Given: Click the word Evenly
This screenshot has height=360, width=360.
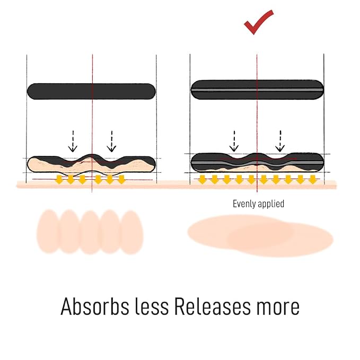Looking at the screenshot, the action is pos(244,204).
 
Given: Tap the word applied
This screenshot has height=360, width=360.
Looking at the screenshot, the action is pos(271,204).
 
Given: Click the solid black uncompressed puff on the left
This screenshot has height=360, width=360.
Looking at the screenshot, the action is pos(91,91).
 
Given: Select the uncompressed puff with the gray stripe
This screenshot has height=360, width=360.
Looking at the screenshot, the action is pos(257,90).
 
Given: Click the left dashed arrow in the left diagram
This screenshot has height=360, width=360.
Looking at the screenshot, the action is pos(73,141).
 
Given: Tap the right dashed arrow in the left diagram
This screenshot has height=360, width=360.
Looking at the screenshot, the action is pos(111,141).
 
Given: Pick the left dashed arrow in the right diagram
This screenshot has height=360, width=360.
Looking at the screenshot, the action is pos(234,141).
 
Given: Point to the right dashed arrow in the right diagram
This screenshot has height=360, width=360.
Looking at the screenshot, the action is pos(280,141).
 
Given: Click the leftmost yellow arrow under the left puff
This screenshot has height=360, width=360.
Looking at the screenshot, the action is pos(59,180).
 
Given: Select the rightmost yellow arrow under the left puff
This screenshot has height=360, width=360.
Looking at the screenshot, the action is pos(121,180).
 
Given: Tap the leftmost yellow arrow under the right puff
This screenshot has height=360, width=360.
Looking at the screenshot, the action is pos(203,180).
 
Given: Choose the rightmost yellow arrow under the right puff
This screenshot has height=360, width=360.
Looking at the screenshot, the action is pos(313,180).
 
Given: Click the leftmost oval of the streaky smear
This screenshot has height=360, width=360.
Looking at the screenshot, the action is pos(48,231).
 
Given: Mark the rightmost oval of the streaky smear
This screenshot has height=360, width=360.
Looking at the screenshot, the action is pos(131,232).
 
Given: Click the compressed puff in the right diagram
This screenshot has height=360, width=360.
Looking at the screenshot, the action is pos(257,163).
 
